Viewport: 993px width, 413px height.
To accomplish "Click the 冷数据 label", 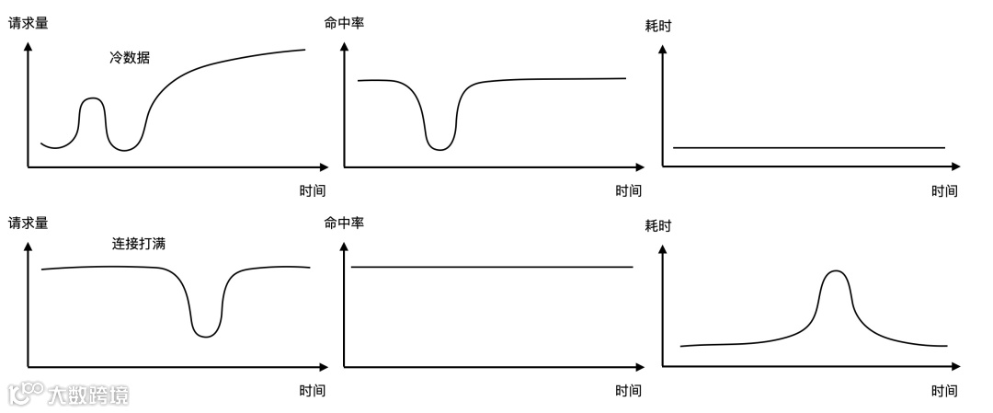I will [130, 57].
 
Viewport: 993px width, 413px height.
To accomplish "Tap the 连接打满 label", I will [139, 244].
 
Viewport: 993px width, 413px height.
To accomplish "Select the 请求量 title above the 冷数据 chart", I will [28, 22].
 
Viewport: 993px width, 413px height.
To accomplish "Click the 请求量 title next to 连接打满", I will [28, 223].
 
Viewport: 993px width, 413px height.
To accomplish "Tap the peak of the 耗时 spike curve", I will [835, 271].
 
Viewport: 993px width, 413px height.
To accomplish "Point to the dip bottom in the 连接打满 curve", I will [207, 336].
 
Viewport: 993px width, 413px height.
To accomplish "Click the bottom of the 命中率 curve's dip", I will [441, 149].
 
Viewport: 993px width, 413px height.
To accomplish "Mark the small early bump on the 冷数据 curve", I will [92, 99].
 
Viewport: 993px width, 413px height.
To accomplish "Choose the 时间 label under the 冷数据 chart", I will [312, 190].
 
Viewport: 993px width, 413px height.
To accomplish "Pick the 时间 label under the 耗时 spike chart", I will [943, 391].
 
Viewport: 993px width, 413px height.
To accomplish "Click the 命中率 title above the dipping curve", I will [344, 22].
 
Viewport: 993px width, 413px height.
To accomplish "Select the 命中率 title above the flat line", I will [344, 223].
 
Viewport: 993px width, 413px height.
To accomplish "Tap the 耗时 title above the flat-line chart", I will [658, 26].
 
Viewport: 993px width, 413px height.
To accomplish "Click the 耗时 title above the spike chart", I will [658, 226].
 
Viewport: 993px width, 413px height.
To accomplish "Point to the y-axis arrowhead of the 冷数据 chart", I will [29, 47].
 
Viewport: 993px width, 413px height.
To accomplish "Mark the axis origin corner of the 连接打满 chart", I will [29, 366].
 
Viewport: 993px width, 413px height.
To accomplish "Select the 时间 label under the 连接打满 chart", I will [312, 390].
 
